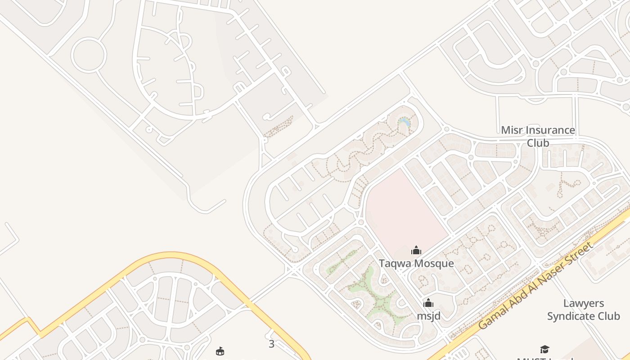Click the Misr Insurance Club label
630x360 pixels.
pyautogui.click(x=538, y=136)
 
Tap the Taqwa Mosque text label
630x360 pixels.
pyautogui.click(x=416, y=263)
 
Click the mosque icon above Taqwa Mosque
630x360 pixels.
pyautogui.click(x=416, y=250)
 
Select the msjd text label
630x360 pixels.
pyautogui.click(x=428, y=316)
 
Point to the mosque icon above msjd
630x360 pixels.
pyautogui.click(x=428, y=303)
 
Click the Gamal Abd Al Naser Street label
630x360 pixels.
pyautogui.click(x=535, y=285)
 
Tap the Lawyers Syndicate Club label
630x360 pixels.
pyautogui.click(x=583, y=310)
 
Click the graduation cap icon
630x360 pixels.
pyautogui.click(x=544, y=349)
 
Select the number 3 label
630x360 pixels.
pyautogui.click(x=271, y=344)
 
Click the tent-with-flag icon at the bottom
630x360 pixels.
pyautogui.click(x=220, y=351)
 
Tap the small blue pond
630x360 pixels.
pyautogui.click(x=405, y=122)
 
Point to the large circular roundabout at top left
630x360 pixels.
pyautogui.click(x=89, y=55)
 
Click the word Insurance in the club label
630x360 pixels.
pyautogui.click(x=549, y=130)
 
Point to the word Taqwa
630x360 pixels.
pyautogui.click(x=394, y=263)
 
